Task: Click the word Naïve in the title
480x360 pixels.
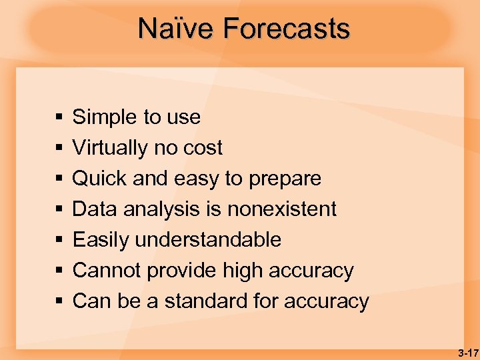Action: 176,29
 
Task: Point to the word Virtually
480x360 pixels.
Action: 111,148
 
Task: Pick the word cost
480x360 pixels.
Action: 203,148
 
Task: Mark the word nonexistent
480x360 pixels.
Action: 282,209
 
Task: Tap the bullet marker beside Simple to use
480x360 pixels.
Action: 59,118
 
